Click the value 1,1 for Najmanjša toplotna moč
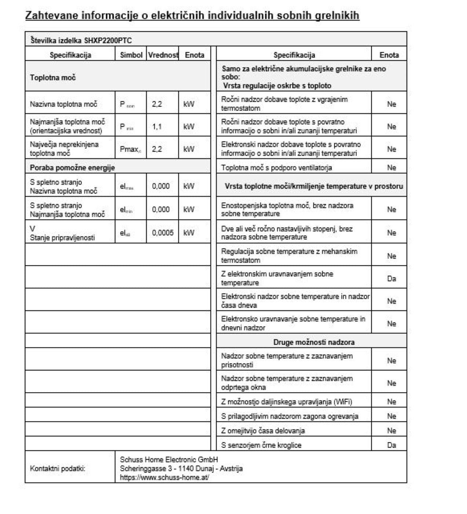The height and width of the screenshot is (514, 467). click(x=157, y=127)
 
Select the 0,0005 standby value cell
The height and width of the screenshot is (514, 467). click(x=163, y=233)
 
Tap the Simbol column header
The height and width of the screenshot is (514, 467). click(x=131, y=55)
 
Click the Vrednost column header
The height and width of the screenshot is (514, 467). click(x=163, y=55)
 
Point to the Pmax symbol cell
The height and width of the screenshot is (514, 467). click(x=130, y=149)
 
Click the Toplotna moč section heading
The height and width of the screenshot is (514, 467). click(x=53, y=78)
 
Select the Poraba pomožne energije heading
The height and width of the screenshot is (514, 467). click(x=72, y=168)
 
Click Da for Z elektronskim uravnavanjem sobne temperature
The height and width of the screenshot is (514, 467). click(x=391, y=279)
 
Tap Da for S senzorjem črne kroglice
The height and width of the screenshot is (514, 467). click(x=391, y=445)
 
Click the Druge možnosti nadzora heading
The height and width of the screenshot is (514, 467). click(x=314, y=342)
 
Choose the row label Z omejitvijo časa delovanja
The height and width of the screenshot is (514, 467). click(x=263, y=431)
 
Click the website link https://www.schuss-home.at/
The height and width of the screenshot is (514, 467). click(x=164, y=478)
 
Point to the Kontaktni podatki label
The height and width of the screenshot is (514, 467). click(x=58, y=468)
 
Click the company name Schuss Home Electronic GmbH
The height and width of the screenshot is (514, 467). click(x=169, y=460)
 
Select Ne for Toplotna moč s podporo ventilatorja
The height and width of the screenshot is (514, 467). click(x=391, y=168)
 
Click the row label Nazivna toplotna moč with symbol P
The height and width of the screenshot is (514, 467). click(x=63, y=104)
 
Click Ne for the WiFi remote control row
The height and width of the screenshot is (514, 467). click(x=391, y=402)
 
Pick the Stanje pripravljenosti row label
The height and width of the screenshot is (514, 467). click(x=62, y=238)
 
